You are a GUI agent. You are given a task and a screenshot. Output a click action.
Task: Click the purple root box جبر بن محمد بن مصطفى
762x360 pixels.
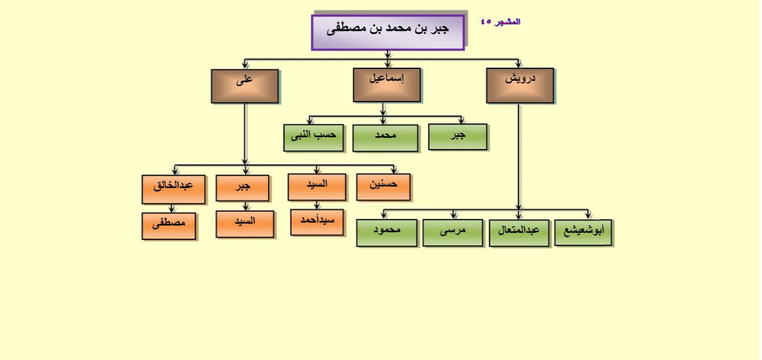pyautogui.click(x=388, y=33)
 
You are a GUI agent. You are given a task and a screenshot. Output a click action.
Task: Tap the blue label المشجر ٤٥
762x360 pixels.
pyautogui.click(x=501, y=22)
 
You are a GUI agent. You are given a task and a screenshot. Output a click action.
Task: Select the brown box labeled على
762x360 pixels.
pyautogui.click(x=245, y=86)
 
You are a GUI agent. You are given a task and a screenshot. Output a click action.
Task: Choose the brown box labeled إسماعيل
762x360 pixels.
pyautogui.click(x=387, y=85)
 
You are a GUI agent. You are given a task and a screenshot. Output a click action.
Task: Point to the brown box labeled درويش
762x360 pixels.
pyautogui.click(x=520, y=86)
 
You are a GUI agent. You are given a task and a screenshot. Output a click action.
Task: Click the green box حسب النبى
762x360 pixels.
pyautogui.click(x=314, y=138)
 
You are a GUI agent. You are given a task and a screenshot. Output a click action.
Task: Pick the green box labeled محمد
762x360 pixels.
pyautogui.click(x=385, y=138)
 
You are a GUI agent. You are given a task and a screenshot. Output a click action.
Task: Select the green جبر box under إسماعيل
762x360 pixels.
pyautogui.click(x=458, y=137)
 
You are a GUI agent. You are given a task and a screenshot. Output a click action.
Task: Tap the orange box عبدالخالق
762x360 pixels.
pyautogui.click(x=173, y=190)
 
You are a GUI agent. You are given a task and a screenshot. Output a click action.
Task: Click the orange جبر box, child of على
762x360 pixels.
pyautogui.click(x=242, y=188)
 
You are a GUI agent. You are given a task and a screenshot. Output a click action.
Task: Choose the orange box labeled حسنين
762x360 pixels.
pyautogui.click(x=384, y=187)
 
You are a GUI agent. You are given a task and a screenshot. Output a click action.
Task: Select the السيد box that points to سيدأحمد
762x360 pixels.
pyautogui.click(x=317, y=187)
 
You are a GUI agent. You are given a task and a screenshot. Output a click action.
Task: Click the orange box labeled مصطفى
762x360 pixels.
pyautogui.click(x=169, y=226)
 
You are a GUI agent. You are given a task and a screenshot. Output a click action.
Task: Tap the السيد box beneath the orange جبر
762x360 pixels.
pyautogui.click(x=245, y=224)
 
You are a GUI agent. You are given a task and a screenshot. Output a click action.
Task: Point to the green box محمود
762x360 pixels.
pyautogui.click(x=387, y=233)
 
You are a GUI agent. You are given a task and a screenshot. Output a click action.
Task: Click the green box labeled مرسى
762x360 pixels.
pyautogui.click(x=453, y=233)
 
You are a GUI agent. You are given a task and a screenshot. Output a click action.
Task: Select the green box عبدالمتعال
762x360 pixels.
pyautogui.click(x=519, y=233)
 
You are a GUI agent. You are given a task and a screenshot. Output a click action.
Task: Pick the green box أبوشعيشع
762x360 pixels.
pyautogui.click(x=583, y=233)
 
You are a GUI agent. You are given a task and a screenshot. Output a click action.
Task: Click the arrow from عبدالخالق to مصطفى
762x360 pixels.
pyautogui.click(x=172, y=209)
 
